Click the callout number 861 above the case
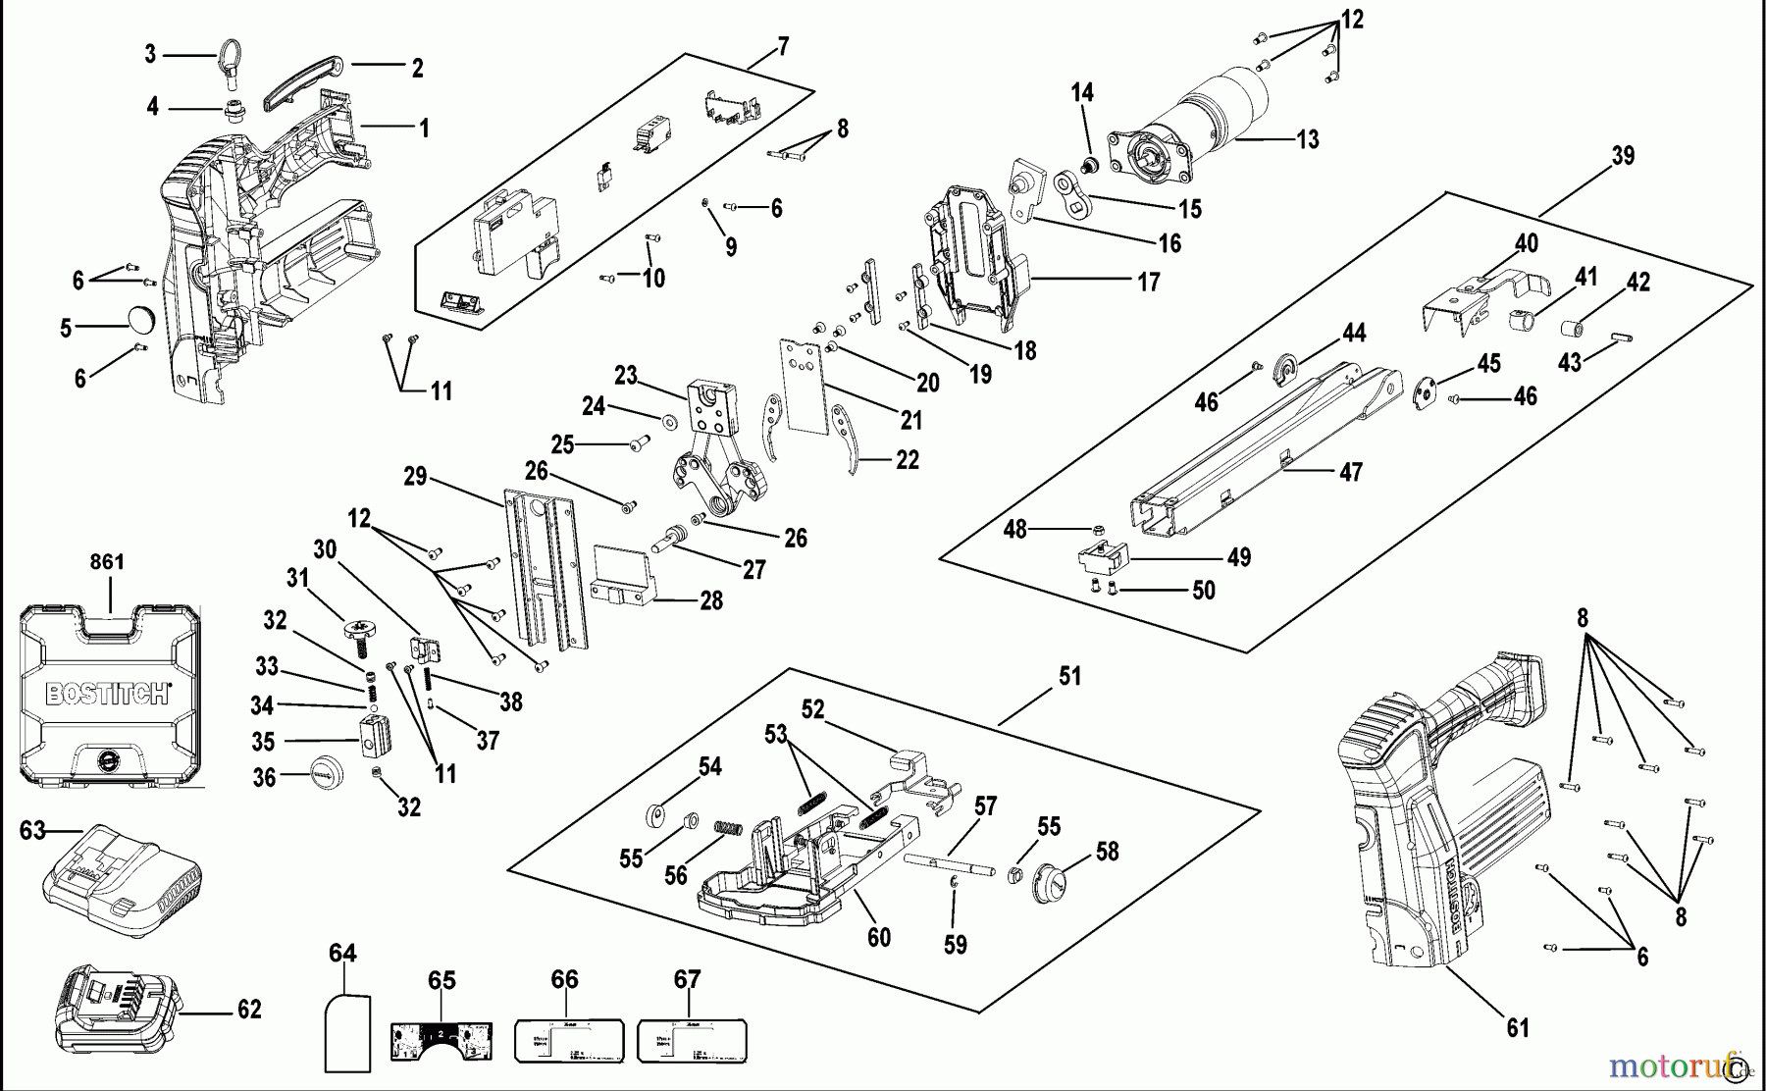tap(107, 562)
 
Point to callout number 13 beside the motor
tap(1308, 140)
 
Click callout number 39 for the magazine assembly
tap(1623, 156)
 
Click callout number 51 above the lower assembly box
tap(1069, 676)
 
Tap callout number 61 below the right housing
tap(1518, 1027)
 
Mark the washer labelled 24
tap(670, 421)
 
